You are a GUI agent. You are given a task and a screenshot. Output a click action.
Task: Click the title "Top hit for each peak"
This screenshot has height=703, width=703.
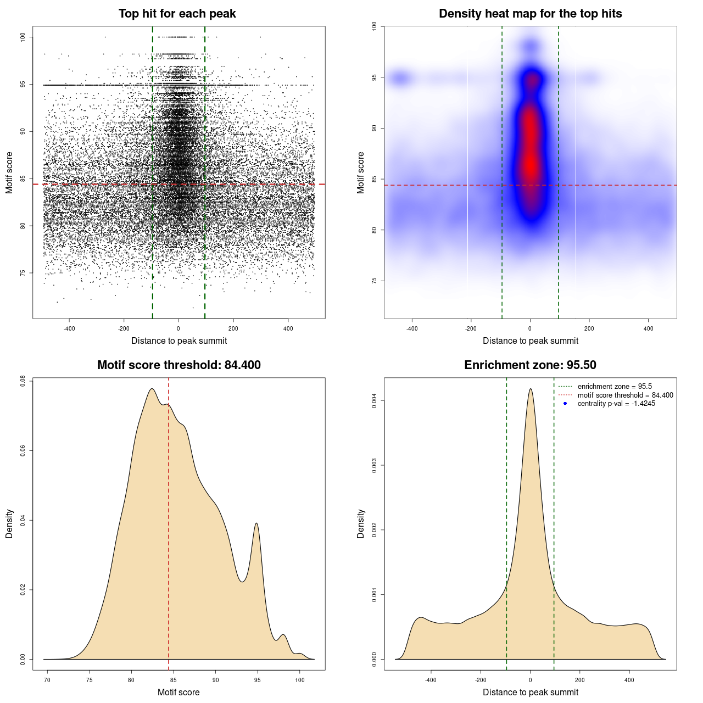pos(177,14)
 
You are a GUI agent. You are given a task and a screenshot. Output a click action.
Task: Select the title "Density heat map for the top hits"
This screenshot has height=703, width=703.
pos(530,14)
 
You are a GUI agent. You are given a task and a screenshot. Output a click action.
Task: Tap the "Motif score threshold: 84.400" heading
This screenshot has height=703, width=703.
pos(178,365)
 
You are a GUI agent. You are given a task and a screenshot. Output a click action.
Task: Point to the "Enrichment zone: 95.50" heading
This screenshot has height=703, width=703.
pos(530,365)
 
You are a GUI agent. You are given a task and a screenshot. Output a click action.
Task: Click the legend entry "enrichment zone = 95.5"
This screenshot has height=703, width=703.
pos(615,387)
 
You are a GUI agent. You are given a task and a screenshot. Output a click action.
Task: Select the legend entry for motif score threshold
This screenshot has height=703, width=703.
pos(625,395)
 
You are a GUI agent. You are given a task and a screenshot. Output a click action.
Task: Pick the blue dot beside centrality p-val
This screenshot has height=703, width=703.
pos(565,404)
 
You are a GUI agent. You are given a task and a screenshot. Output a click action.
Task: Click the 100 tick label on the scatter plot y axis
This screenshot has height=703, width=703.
pos(23,37)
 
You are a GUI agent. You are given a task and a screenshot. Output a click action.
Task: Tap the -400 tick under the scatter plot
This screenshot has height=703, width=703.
pos(69,329)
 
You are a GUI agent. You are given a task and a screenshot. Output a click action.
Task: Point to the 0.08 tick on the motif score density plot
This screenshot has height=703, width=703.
pos(23,381)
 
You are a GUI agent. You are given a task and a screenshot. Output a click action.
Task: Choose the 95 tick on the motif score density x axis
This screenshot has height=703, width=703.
pos(257,680)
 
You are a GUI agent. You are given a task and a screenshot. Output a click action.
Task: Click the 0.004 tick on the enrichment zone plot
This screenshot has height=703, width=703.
pos(375,401)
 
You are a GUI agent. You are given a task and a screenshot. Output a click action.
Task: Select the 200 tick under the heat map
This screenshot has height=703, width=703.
pos(589,329)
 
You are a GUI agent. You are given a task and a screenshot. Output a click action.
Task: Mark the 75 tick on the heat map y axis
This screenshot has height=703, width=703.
pos(375,281)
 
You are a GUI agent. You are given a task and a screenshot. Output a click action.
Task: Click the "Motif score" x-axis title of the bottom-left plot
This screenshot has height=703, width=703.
pos(178,692)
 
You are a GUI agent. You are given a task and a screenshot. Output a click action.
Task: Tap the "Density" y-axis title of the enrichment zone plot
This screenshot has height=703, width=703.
pos(361,523)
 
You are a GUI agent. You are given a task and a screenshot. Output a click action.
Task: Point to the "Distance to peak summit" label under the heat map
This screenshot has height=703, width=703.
pos(530,341)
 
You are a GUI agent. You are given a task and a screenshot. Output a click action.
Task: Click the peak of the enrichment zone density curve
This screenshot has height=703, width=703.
pos(531,389)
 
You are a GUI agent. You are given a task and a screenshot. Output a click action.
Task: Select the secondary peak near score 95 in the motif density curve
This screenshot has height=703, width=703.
pos(256,523)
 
